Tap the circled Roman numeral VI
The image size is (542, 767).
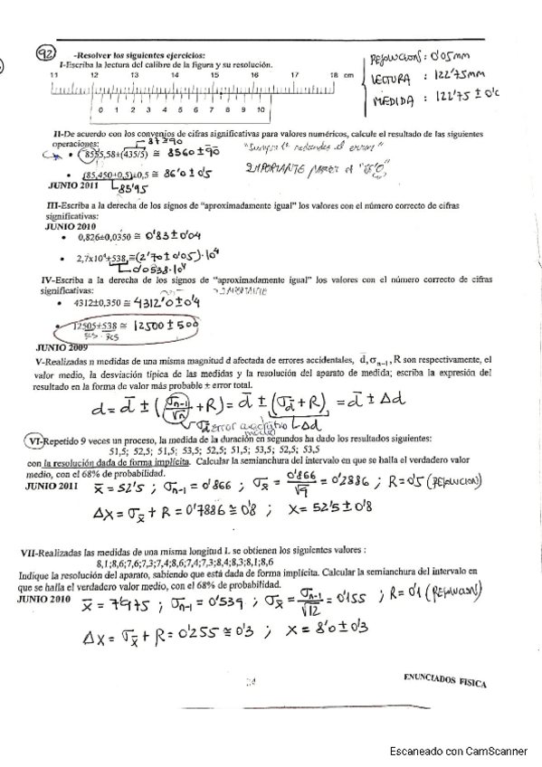tap(33, 440)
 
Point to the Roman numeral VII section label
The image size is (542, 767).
tap(32, 550)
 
